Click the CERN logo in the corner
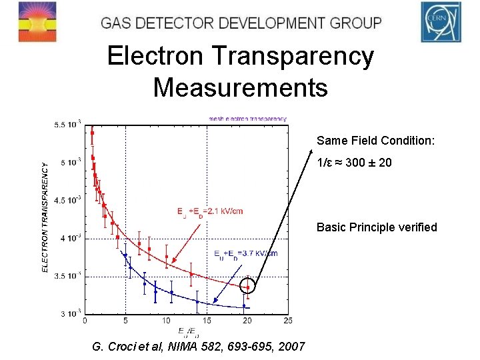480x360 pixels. pyautogui.click(x=440, y=21)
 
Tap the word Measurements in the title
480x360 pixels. pyautogui.click(x=240, y=87)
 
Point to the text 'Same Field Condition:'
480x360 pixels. pyautogui.click(x=376, y=141)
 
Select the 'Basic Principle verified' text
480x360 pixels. pyautogui.click(x=377, y=227)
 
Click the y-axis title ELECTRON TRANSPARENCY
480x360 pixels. pyautogui.click(x=45, y=217)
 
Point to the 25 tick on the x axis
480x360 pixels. pyautogui.click(x=287, y=320)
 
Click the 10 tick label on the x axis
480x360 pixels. pyautogui.click(x=166, y=320)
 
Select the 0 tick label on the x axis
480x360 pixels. pyautogui.click(x=84, y=320)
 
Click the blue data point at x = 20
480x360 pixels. pyautogui.click(x=244, y=306)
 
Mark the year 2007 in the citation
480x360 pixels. pyautogui.click(x=291, y=347)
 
